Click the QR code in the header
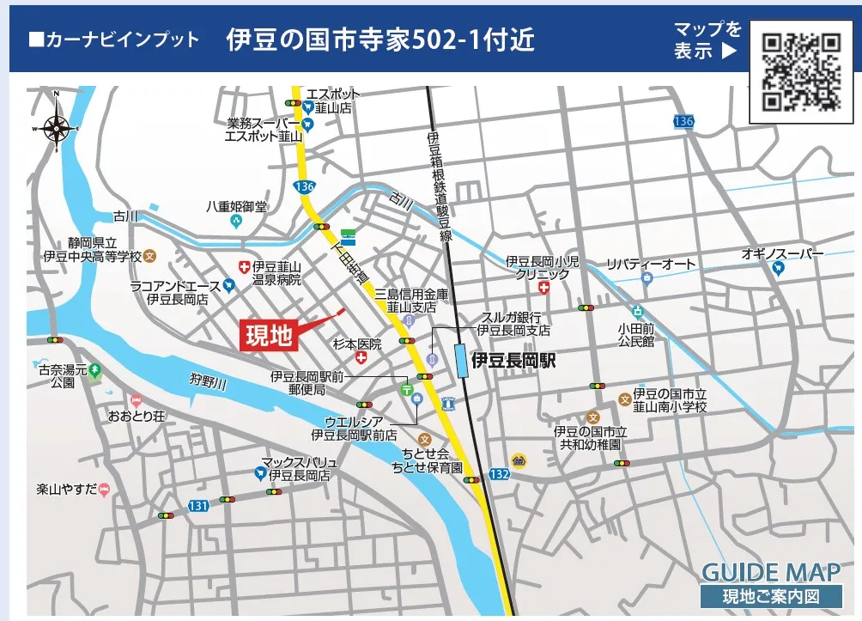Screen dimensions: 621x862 (x=801, y=72)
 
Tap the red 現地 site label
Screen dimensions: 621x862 (x=269, y=336)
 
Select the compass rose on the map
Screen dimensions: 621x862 (x=58, y=130)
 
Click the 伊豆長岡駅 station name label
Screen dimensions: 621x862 (x=513, y=362)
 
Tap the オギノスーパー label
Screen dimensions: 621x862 (x=782, y=254)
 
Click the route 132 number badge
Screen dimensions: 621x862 (x=498, y=473)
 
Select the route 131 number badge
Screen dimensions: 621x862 (x=198, y=506)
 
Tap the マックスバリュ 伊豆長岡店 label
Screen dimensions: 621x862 (x=300, y=468)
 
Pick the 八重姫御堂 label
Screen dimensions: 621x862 (x=236, y=207)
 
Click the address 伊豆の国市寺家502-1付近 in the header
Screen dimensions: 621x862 (x=380, y=40)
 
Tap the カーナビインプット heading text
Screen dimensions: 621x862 (x=113, y=40)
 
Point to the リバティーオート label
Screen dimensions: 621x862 (x=651, y=264)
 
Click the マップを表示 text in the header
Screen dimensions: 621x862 (x=707, y=40)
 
